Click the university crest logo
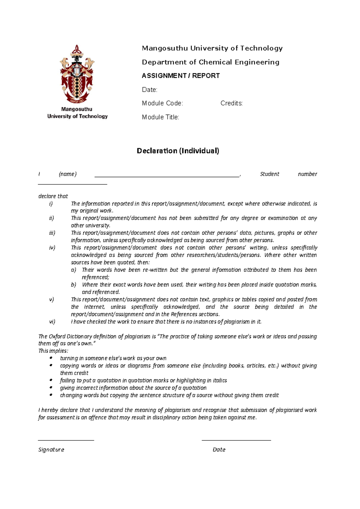pos(77,74)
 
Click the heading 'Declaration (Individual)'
pos(178,151)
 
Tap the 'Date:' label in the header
pos(149,90)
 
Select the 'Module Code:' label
pos(162,103)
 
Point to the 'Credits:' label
pos(231,103)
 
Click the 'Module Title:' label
pos(160,117)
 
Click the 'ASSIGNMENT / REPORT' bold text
pos(181,76)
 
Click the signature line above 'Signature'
pos(66,440)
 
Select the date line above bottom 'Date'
pos(236,440)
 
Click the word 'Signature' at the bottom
pos(51,450)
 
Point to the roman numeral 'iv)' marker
pos(52,248)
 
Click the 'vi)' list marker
pos(52,322)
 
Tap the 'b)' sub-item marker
pos(74,284)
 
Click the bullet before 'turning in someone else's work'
pos(51,358)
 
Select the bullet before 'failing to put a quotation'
pos(51,380)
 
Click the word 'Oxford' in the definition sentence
pos(57,336)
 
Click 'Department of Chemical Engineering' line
pos(210,62)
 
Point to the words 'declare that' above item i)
pos(53,196)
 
